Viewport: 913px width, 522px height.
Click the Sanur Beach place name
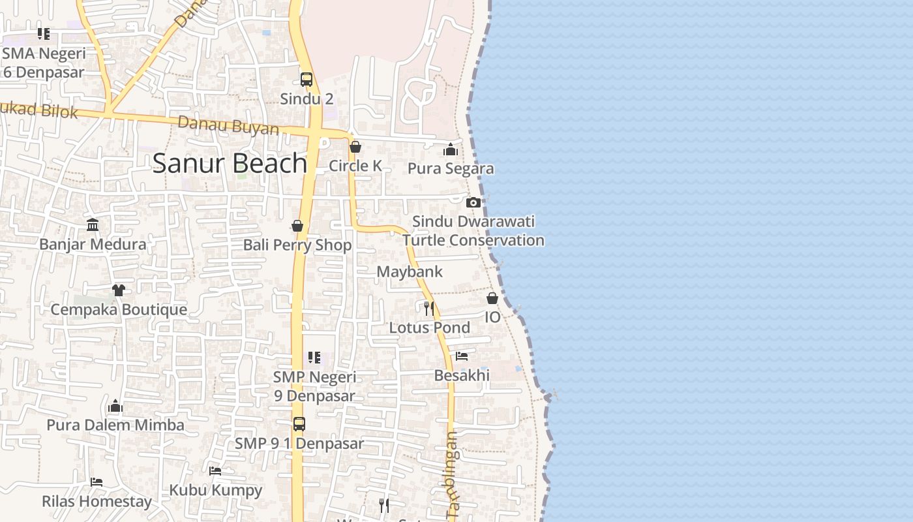pos(230,163)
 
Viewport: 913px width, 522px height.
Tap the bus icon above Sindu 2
pos(307,80)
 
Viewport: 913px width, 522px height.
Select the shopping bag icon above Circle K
pos(355,147)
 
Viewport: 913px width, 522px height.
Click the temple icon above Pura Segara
pos(451,150)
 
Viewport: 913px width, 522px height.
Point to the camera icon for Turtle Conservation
pos(473,202)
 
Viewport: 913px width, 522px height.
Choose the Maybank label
pos(410,271)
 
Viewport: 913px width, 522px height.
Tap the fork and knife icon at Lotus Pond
pos(428,308)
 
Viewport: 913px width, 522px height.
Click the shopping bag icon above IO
pos(492,298)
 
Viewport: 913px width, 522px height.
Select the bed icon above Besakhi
pos(462,356)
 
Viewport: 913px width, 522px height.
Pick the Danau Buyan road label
pos(228,125)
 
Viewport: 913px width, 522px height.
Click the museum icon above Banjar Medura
pos(93,225)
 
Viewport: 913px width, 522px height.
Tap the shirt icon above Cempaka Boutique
pos(118,290)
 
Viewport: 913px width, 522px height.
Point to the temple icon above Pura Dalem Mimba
pos(115,407)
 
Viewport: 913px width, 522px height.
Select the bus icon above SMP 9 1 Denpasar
pos(299,424)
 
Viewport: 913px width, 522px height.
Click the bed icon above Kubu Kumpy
pos(215,471)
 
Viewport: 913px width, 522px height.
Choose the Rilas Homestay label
pos(97,502)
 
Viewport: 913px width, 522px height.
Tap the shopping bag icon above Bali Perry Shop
pos(297,226)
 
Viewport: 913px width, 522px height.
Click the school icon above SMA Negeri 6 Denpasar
pos(44,33)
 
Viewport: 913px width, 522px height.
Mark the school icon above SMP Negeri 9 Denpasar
pos(314,358)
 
